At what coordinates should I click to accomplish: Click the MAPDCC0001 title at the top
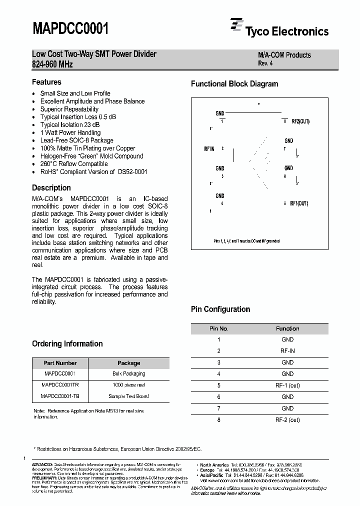click(70, 28)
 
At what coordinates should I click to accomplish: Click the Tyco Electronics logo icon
click(236, 26)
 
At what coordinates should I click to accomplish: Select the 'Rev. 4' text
click(265, 63)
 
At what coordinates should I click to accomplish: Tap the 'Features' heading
click(46, 82)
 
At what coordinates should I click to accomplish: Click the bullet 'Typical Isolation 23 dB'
click(69, 124)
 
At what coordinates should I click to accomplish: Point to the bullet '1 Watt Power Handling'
click(70, 132)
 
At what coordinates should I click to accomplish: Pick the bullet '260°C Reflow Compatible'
click(73, 163)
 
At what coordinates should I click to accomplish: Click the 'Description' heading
click(51, 188)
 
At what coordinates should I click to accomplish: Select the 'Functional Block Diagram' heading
click(234, 84)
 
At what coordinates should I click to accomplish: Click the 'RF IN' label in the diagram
click(209, 149)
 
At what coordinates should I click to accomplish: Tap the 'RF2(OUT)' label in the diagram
click(300, 121)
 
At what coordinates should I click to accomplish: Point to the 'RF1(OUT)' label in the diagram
click(299, 203)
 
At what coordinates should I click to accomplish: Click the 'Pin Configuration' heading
click(220, 309)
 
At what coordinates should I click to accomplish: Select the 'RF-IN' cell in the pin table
click(287, 351)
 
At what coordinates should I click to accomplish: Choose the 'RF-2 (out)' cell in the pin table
click(287, 420)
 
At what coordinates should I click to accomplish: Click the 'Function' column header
click(287, 328)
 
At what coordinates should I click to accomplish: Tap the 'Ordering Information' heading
click(67, 344)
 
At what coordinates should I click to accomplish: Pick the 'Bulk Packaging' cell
click(128, 374)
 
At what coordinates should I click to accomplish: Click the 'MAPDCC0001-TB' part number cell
click(59, 396)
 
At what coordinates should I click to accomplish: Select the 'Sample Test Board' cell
click(128, 396)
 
